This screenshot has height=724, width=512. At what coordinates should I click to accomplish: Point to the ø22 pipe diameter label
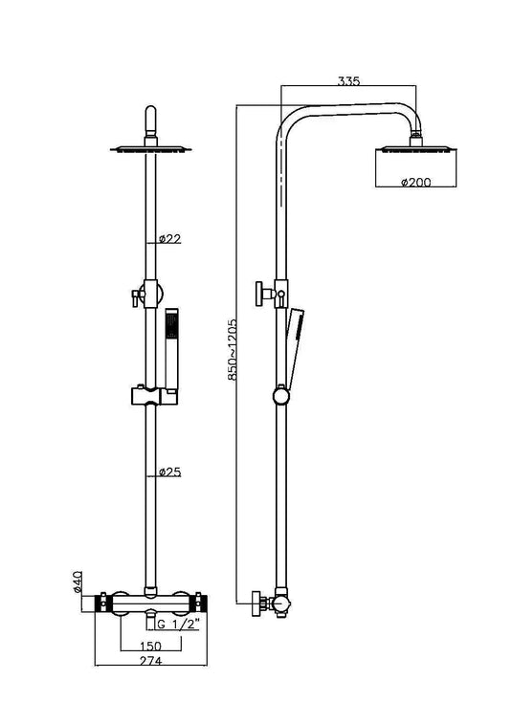(x=169, y=238)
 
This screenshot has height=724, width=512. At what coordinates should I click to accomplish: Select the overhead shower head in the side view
(x=418, y=149)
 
